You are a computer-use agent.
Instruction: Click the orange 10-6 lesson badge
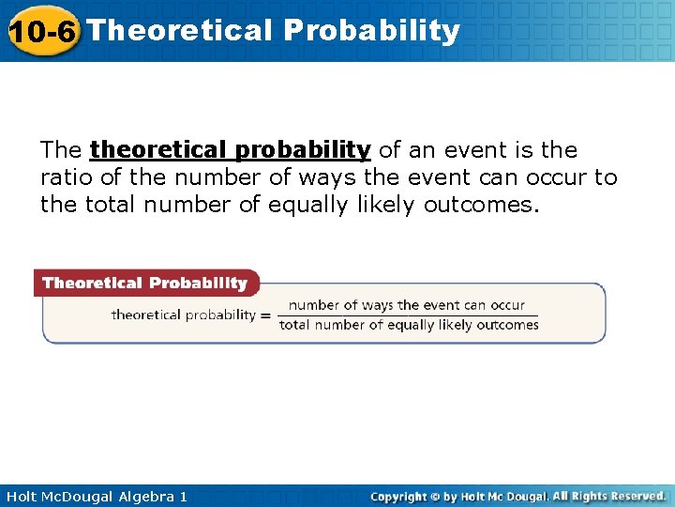(41, 32)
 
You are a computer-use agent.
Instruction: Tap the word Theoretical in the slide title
(178, 30)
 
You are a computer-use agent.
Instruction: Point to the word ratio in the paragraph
(64, 177)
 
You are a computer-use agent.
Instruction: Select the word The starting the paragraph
(61, 150)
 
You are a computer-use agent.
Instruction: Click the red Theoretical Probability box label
(144, 283)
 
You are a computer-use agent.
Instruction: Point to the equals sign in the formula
(265, 315)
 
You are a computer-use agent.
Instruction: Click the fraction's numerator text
(407, 305)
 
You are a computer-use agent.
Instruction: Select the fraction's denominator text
(409, 326)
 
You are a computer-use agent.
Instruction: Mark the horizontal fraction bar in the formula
(409, 315)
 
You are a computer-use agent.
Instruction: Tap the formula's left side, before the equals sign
(183, 315)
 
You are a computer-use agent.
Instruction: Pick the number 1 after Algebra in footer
(183, 496)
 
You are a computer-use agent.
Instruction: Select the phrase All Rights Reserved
(608, 496)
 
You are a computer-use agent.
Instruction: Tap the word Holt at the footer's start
(22, 496)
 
